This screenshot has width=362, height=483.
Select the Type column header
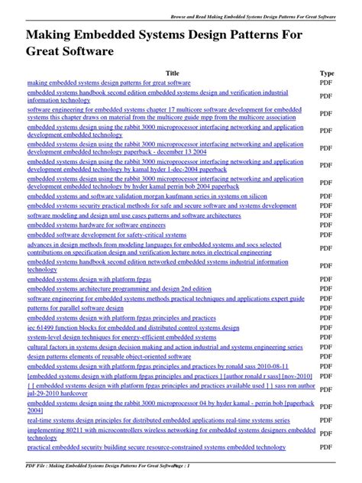(326, 73)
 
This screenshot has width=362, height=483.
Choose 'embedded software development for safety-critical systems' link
(106, 235)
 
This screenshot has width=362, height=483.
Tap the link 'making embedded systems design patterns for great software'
(109, 82)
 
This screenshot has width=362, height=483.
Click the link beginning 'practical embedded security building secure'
(157, 447)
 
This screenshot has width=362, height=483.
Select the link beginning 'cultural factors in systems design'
(165, 346)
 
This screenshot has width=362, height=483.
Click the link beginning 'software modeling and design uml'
(134, 216)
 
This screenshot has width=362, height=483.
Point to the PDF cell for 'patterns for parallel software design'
(326, 308)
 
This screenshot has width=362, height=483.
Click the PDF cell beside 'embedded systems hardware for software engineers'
(326, 225)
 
